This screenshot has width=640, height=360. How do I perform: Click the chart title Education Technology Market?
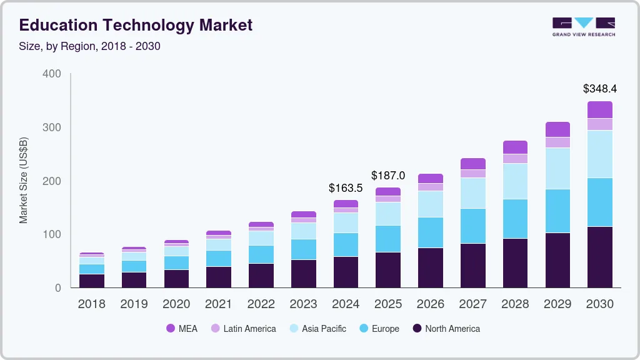click(136, 25)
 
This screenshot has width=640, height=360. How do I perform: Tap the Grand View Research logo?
click(583, 26)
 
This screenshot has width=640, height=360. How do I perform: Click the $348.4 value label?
click(599, 89)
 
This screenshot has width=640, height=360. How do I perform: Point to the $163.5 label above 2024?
click(346, 187)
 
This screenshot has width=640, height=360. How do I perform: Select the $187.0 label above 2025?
click(388, 175)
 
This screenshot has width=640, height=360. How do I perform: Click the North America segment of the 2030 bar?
click(599, 257)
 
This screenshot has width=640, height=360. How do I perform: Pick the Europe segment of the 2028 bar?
click(515, 219)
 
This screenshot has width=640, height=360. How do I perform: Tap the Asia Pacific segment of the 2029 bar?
click(557, 168)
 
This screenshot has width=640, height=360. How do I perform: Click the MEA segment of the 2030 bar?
click(599, 109)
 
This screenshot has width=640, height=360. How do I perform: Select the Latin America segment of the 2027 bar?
click(473, 173)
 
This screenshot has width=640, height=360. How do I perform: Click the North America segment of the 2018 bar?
click(92, 281)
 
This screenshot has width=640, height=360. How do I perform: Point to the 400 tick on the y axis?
click(52, 74)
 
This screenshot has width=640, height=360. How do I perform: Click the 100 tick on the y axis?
click(52, 234)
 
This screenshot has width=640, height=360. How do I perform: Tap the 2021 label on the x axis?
click(219, 304)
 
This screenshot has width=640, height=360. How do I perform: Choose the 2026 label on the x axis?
click(431, 304)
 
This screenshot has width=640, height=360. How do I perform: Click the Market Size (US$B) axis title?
click(24, 180)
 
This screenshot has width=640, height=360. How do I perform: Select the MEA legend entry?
click(181, 329)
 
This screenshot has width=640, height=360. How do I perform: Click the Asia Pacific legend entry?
click(317, 329)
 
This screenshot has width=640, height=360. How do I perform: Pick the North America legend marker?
click(416, 329)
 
